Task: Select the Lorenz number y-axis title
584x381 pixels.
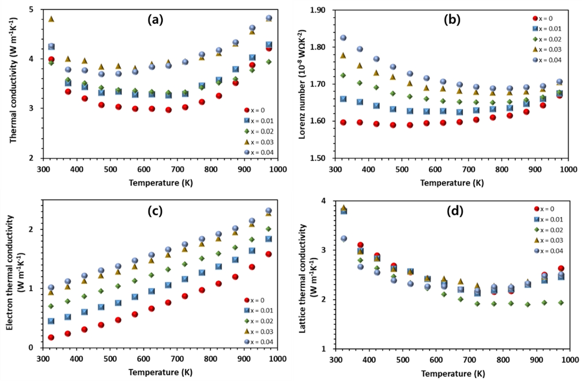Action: (303, 83)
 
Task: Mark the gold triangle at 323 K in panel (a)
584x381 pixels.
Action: (51, 19)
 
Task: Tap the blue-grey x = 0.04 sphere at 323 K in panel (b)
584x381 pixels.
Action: (343, 38)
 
